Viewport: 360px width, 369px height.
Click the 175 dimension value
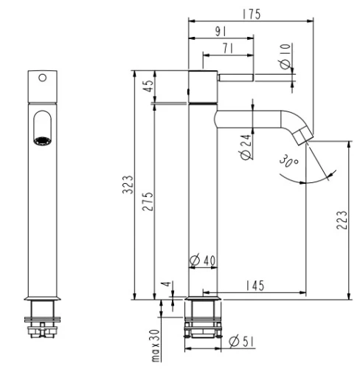coord(252,14)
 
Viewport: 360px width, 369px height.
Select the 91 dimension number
coord(221,32)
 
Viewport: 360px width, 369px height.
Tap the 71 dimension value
coord(228,48)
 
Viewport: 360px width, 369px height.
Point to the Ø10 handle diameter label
coord(285,56)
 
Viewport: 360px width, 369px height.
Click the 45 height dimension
coord(148,86)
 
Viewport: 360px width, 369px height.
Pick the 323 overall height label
coord(128,184)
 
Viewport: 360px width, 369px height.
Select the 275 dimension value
coord(148,201)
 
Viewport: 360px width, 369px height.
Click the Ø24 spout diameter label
coord(246,147)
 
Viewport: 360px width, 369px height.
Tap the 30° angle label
coord(288,161)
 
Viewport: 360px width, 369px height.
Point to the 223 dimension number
coord(342,220)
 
